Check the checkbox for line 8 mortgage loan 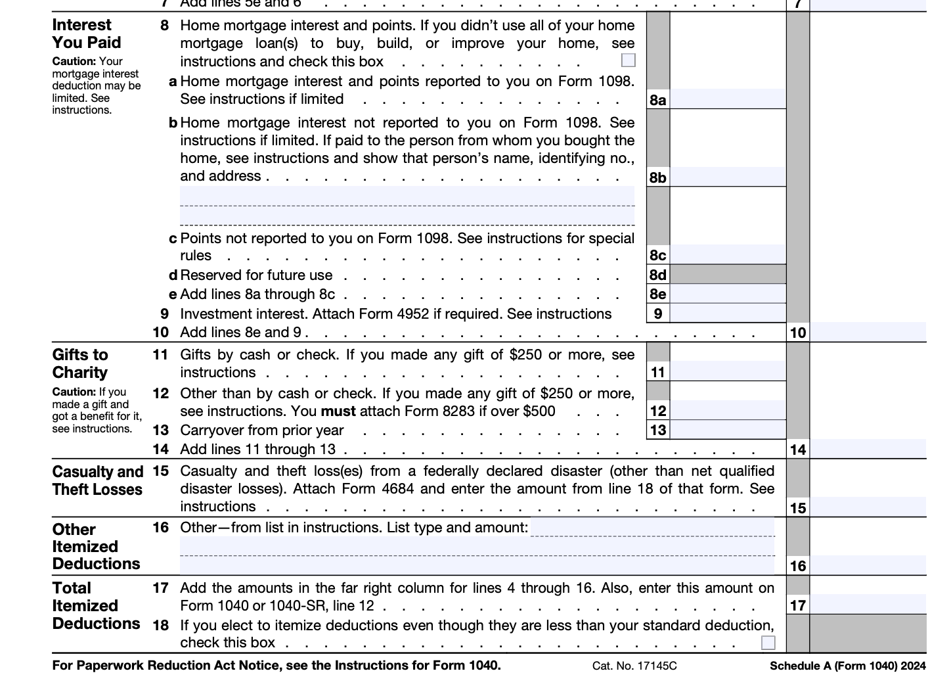point(629,60)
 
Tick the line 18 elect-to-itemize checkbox point(768,643)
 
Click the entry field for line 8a point(728,99)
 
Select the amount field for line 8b point(728,177)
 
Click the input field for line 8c point(728,255)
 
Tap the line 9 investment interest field point(728,313)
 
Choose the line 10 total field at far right point(868,332)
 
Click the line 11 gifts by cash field point(728,372)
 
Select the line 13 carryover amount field point(728,430)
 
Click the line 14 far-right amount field point(868,449)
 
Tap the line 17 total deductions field point(868,605)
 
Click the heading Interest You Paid point(87,34)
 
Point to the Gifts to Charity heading point(80,363)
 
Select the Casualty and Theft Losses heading point(97,480)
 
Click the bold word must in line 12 point(338,411)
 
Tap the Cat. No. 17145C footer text point(634,666)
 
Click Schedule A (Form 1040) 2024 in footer point(847,666)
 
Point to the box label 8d point(657,275)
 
